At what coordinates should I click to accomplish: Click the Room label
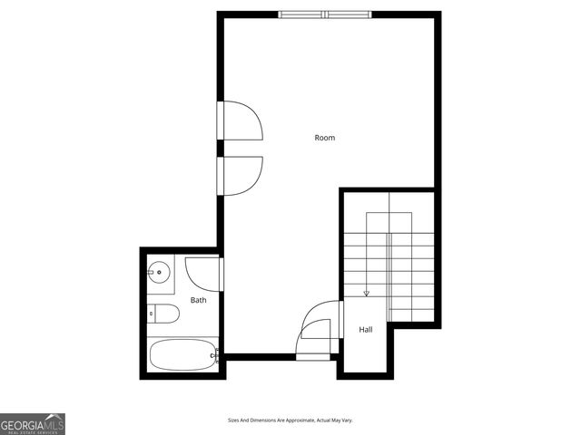(x=324, y=138)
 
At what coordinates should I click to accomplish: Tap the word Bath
(x=198, y=300)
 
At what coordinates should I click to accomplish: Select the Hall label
(x=365, y=330)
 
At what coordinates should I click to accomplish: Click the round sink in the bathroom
(x=159, y=269)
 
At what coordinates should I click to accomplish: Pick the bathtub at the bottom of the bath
(x=182, y=354)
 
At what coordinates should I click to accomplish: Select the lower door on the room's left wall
(x=242, y=175)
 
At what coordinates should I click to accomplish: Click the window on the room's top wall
(x=324, y=14)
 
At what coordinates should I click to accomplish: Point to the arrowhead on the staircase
(x=366, y=293)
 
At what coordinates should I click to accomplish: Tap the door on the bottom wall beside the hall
(x=313, y=345)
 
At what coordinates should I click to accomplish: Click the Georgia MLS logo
(x=33, y=423)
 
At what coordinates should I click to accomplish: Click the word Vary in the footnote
(x=345, y=420)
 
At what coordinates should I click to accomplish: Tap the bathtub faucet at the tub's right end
(x=215, y=355)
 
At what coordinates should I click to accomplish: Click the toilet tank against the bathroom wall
(x=152, y=314)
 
